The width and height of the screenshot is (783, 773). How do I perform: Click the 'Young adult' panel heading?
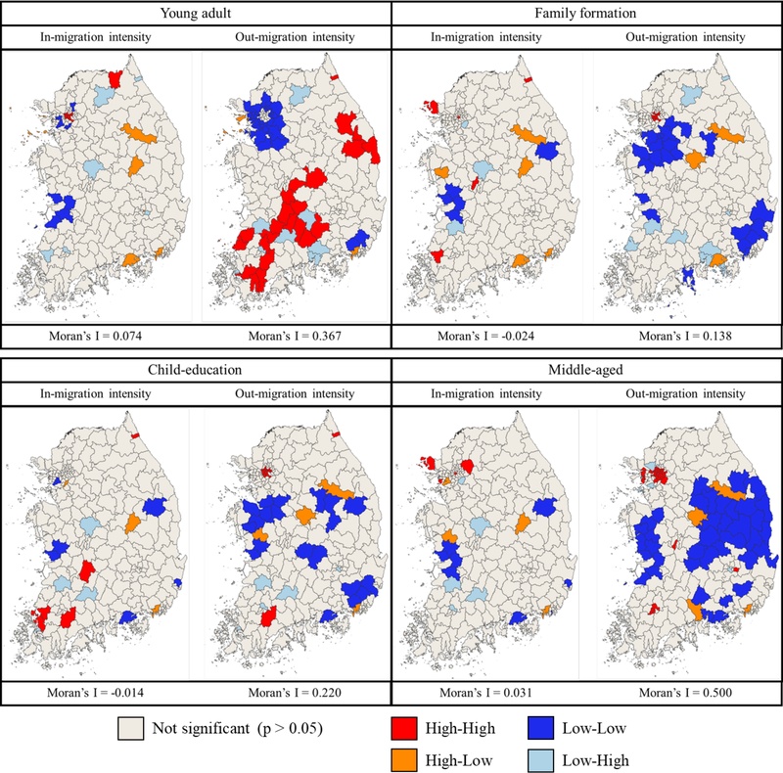[196, 14]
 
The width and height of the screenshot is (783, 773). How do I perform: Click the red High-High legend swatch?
[402, 729]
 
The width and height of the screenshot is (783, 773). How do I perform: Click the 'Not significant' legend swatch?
[129, 729]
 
